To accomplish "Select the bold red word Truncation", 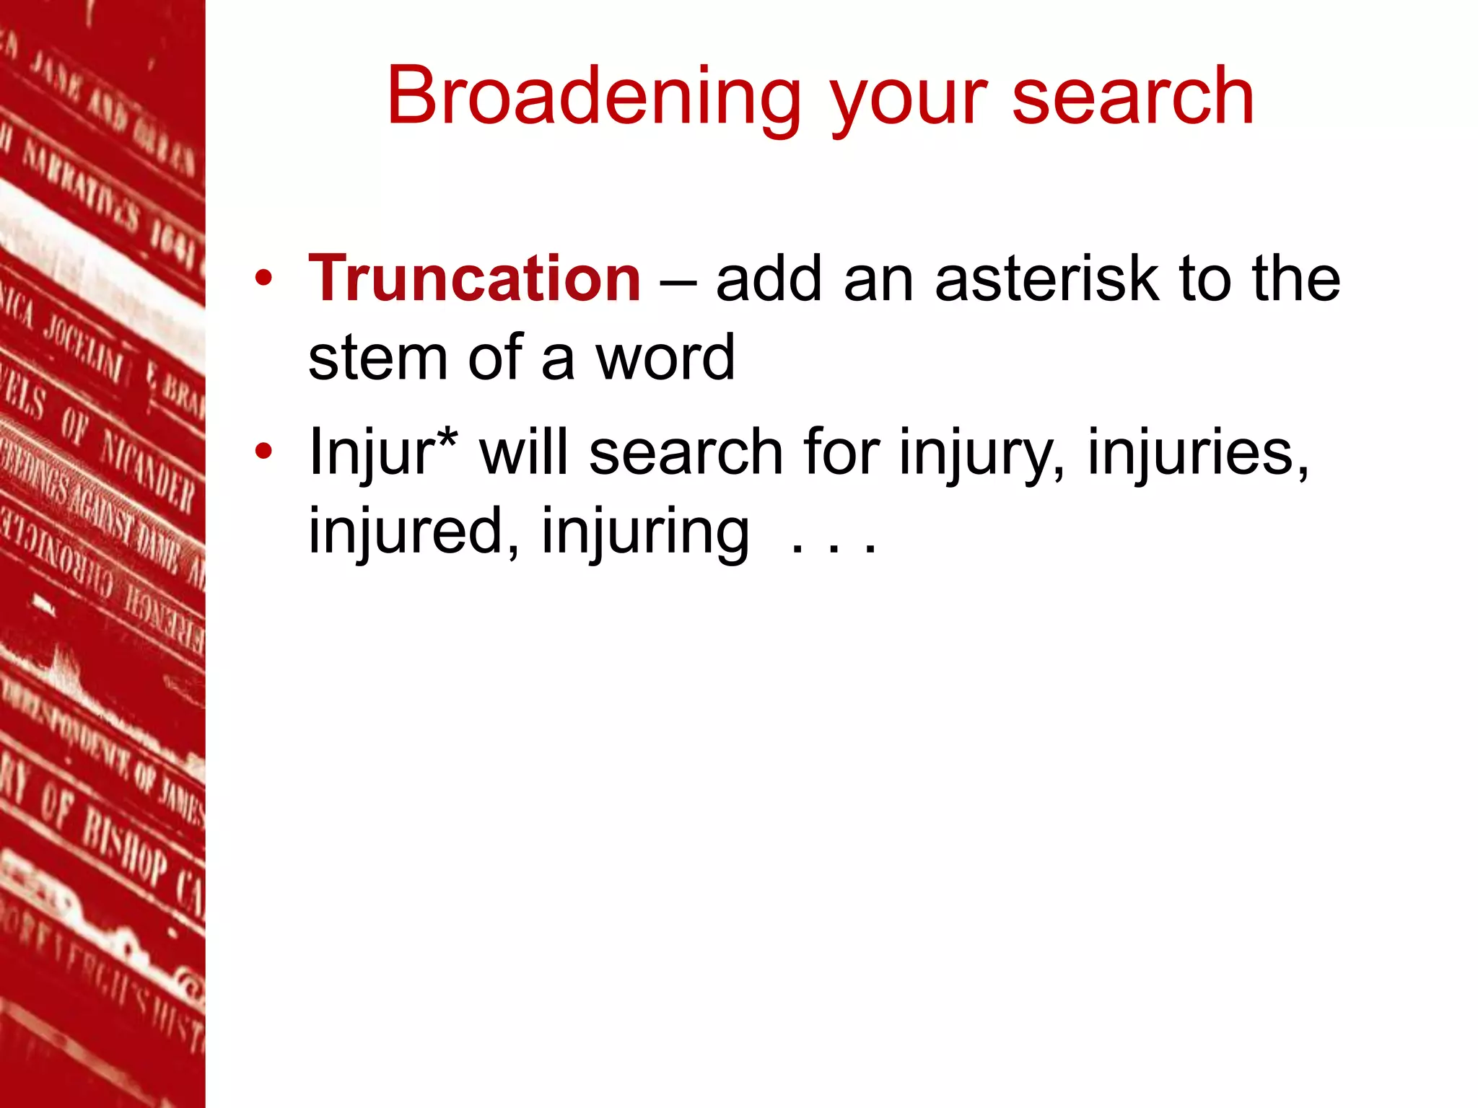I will pyautogui.click(x=474, y=279).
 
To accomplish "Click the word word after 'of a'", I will pyautogui.click(x=664, y=358).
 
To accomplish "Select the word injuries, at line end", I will pyautogui.click(x=1198, y=453).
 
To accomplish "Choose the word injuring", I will pyautogui.click(x=645, y=532).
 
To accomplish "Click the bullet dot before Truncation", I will pyautogui.click(x=263, y=279).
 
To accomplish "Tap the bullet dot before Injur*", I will pyautogui.click(x=263, y=452).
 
